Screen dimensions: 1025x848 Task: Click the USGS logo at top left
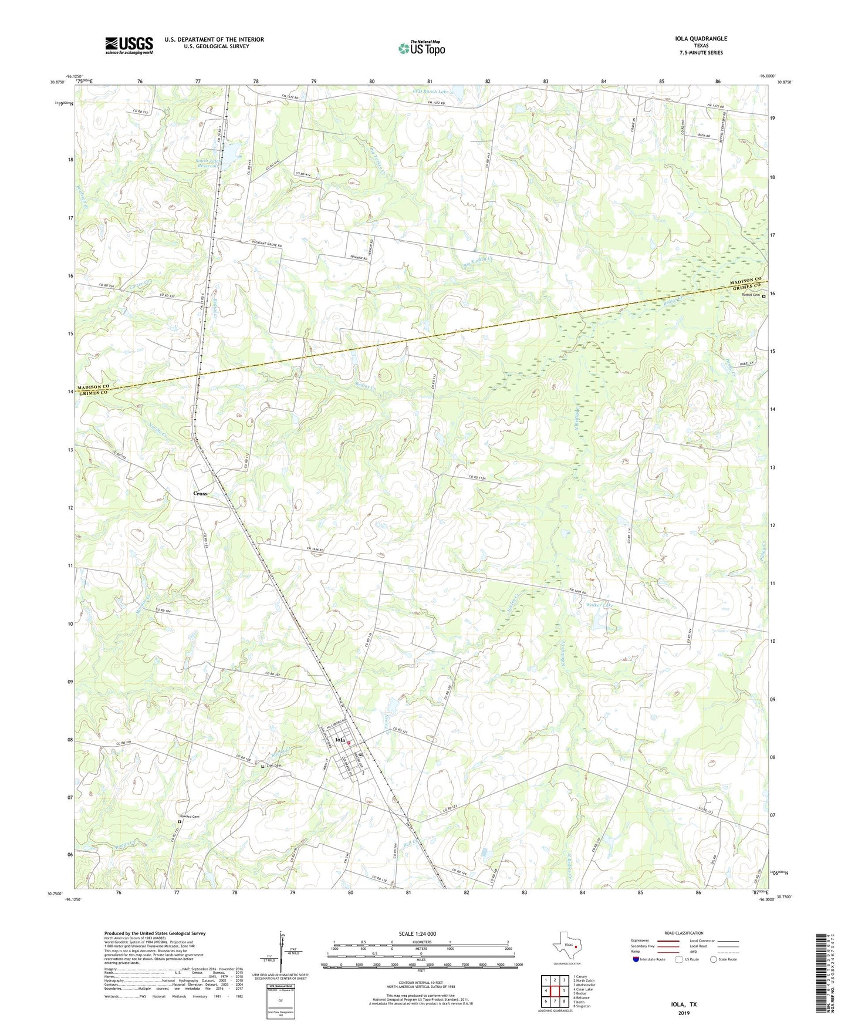point(129,45)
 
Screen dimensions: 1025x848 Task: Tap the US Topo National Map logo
point(421,48)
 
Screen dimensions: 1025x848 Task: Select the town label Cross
point(201,494)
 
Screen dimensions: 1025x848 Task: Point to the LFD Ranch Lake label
point(434,92)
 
